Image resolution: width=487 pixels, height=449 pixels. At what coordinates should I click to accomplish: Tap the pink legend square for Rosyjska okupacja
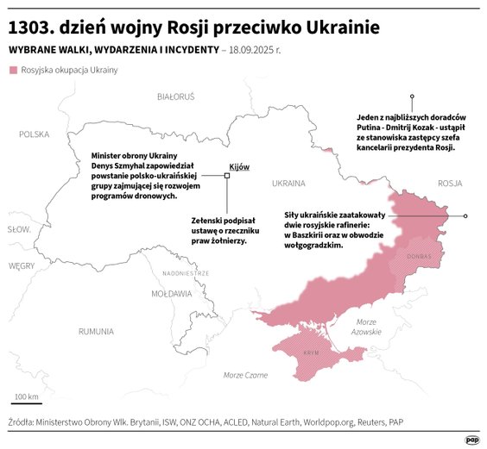12,70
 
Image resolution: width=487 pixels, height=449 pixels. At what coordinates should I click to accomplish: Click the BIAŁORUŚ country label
176,97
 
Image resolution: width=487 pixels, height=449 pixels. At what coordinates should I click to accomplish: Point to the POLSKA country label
35,134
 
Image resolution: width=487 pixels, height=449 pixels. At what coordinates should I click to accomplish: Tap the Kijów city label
238,165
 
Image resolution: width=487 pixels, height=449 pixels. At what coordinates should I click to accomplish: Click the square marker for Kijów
227,175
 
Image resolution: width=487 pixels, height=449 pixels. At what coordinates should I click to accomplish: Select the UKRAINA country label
288,184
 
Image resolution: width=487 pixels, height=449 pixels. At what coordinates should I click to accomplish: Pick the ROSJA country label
450,183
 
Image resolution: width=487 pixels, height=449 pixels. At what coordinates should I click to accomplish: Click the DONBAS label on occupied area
419,256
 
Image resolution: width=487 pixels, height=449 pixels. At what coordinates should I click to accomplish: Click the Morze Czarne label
245,375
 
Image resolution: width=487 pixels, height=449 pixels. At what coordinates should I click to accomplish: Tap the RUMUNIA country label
95,331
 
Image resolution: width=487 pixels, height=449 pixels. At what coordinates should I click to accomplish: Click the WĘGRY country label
21,266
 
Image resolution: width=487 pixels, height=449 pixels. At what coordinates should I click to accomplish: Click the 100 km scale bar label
26,396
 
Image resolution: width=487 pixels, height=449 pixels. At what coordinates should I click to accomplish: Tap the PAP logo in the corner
471,439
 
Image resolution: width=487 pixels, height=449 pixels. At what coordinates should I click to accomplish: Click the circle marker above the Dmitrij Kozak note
412,97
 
